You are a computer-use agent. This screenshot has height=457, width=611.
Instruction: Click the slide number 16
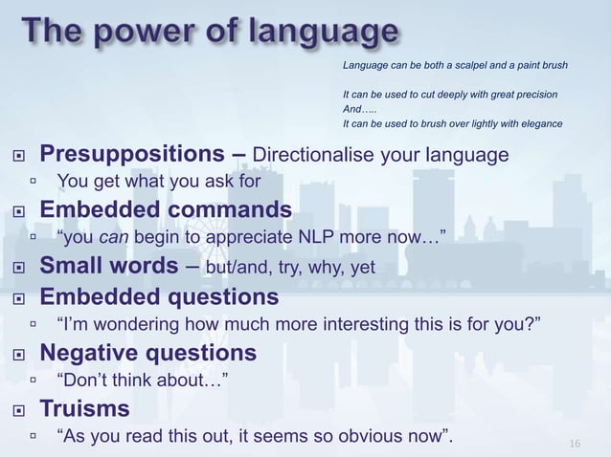pyautogui.click(x=575, y=444)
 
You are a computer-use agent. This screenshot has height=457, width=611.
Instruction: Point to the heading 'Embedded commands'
pyautogui.click(x=165, y=209)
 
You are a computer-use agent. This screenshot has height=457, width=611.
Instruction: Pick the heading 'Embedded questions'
pyautogui.click(x=159, y=296)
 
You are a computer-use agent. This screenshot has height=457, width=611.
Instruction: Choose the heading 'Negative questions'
pyautogui.click(x=147, y=353)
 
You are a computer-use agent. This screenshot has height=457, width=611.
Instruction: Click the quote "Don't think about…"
pyautogui.click(x=143, y=381)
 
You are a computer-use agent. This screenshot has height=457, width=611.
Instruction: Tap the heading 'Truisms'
pyautogui.click(x=84, y=409)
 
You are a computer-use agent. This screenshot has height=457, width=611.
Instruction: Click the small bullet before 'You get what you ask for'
pyautogui.click(x=34, y=180)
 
